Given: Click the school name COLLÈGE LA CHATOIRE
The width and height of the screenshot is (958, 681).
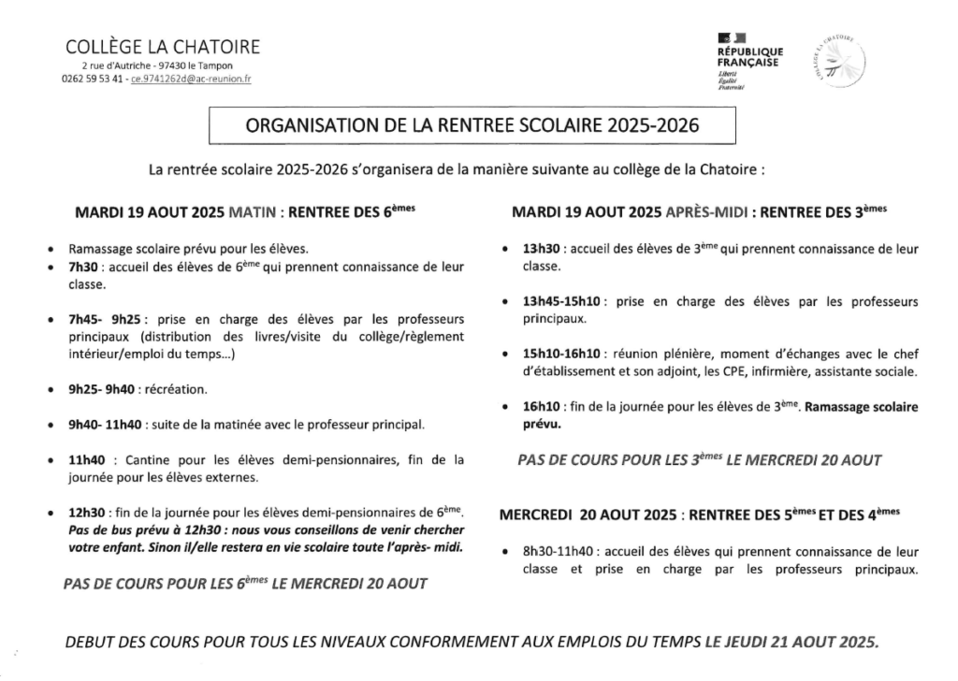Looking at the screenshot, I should click(x=163, y=47).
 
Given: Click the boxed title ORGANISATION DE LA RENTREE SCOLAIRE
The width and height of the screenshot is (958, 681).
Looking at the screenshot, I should click(x=472, y=126).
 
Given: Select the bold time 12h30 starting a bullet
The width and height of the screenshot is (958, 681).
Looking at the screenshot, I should click(x=85, y=513).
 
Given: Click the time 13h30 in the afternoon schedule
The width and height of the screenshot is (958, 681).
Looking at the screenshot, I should click(x=541, y=250).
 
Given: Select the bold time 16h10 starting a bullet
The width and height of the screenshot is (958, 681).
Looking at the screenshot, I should click(x=541, y=407).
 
